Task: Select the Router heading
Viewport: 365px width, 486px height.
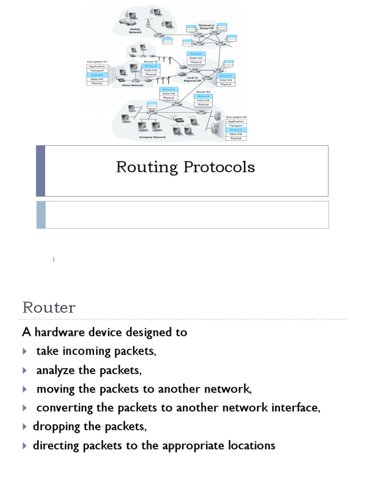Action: point(49,308)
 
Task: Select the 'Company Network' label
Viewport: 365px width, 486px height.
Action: point(152,137)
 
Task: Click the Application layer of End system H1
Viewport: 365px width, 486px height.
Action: point(97,66)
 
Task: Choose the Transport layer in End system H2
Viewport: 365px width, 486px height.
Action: point(235,125)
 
